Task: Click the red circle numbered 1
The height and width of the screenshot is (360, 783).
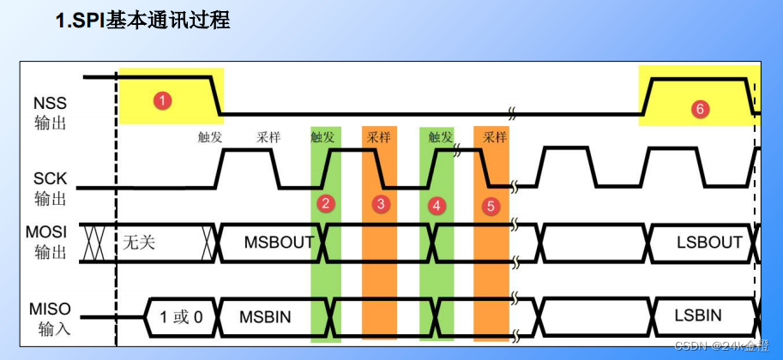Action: coord(162,100)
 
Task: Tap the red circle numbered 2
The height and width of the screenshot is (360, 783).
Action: coord(325,203)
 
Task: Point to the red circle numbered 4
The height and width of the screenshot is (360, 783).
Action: coord(437,205)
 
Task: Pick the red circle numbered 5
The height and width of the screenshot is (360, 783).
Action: coord(491,206)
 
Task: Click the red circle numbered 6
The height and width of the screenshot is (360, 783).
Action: coord(700,109)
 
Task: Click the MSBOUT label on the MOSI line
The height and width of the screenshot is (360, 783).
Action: coord(279,242)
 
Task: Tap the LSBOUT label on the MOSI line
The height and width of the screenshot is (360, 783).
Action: coord(708,242)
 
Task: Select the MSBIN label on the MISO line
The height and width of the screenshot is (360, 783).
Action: coord(266,316)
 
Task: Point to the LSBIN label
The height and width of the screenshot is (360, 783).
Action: coord(698,316)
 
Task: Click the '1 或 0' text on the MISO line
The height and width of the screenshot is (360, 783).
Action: coord(181,316)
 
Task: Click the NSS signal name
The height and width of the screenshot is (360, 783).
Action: coord(50,103)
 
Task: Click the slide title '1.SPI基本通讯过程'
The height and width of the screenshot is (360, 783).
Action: coord(143,20)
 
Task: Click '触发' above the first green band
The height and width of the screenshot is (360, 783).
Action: coord(322,136)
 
